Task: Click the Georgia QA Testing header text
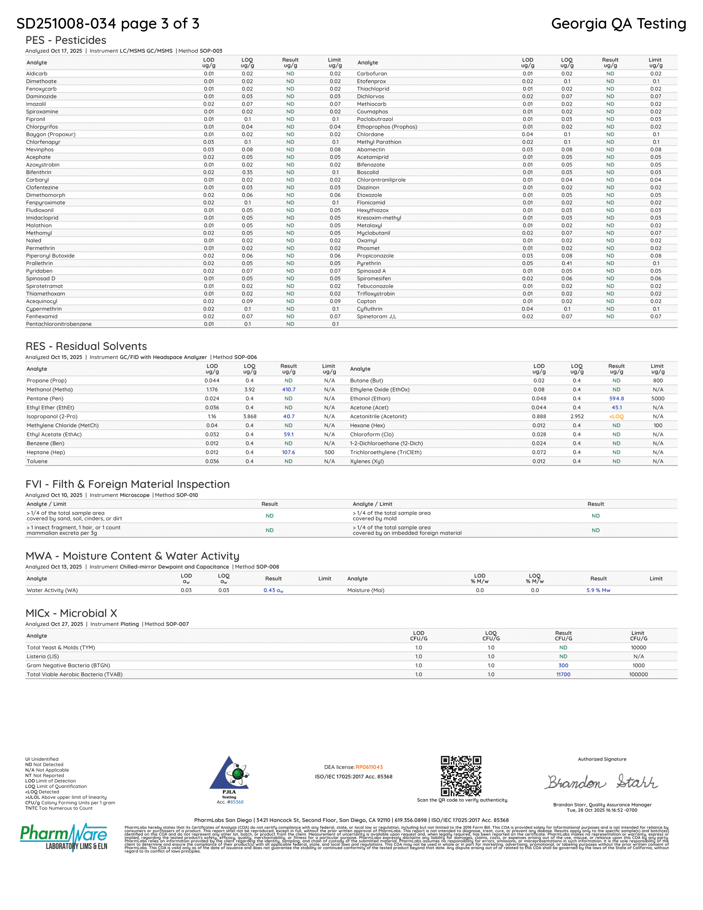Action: click(618, 24)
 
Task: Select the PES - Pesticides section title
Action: click(66, 41)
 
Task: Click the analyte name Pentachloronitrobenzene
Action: click(59, 324)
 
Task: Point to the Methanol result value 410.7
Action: click(289, 390)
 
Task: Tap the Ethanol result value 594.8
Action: click(617, 399)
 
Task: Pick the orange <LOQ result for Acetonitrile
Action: click(617, 417)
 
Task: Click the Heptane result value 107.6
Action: click(289, 453)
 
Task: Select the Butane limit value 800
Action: click(658, 381)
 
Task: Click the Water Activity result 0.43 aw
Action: click(273, 590)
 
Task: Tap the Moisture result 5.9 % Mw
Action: click(598, 590)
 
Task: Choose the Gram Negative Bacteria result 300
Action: click(563, 666)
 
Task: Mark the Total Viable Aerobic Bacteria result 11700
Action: click(563, 675)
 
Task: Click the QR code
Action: click(461, 776)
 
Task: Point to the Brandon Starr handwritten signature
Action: click(601, 782)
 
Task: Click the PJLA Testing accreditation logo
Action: click(230, 776)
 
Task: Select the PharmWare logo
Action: click(64, 838)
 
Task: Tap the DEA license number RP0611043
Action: click(369, 767)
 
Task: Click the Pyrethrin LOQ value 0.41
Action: click(567, 263)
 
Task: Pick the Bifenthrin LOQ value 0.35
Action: click(247, 172)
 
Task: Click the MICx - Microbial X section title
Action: click(71, 613)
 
